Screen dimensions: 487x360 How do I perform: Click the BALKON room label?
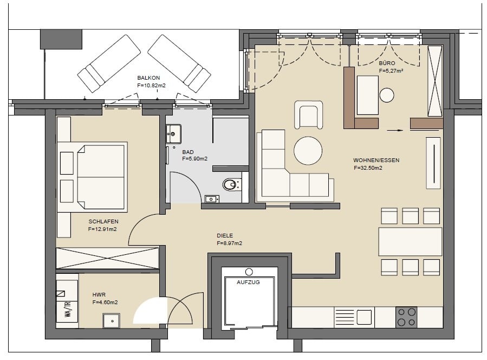tap(148, 78)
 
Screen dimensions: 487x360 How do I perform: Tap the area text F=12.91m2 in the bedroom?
tap(102, 229)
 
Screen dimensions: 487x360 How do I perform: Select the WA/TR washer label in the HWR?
tap(67, 309)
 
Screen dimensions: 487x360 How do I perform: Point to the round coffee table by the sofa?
tap(308, 151)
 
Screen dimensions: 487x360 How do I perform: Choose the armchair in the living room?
tap(308, 114)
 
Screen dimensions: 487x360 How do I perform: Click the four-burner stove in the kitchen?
tap(407, 317)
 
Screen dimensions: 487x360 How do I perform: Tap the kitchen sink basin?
tap(364, 317)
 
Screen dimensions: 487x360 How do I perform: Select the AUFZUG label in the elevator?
tap(248, 282)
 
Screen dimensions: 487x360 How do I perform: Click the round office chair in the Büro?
tap(387, 95)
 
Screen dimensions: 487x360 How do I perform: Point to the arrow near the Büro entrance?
tap(395, 131)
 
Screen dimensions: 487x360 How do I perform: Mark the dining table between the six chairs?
tap(410, 242)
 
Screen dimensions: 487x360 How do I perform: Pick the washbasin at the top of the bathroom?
tap(173, 134)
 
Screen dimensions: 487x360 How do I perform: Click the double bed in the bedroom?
tap(100, 177)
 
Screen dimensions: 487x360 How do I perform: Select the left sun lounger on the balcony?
tap(109, 63)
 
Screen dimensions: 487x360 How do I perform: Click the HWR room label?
tap(99, 295)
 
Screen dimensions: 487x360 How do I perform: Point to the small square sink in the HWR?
tap(112, 320)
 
